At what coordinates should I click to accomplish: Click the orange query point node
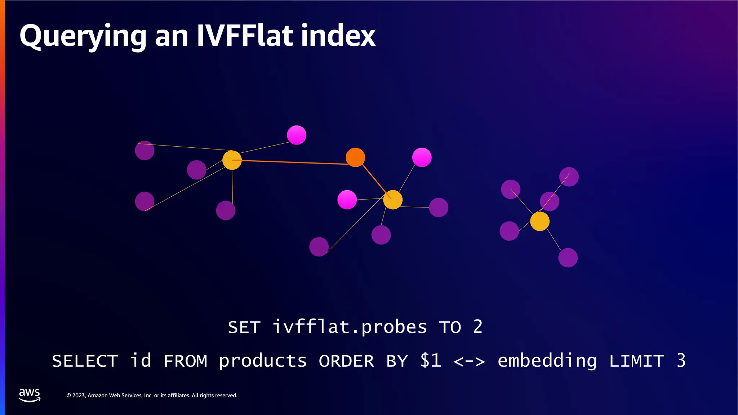[355, 157]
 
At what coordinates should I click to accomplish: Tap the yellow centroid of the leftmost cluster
[232, 160]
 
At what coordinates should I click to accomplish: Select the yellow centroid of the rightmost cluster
[540, 221]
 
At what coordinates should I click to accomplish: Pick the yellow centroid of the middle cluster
[393, 200]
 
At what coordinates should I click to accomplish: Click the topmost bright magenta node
[297, 135]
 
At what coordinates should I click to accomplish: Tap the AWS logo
[30, 395]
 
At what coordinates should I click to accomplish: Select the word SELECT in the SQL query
[85, 361]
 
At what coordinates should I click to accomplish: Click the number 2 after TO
[477, 327]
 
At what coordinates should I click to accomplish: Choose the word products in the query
[263, 361]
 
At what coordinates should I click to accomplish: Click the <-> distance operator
[469, 361]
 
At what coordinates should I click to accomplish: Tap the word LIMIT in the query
[636, 361]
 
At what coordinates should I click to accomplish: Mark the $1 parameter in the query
[431, 361]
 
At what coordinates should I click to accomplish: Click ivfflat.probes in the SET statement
[350, 327]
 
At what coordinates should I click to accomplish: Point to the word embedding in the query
[547, 361]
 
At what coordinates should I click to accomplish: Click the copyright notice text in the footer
[152, 396]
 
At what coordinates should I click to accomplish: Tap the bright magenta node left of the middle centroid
[347, 200]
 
